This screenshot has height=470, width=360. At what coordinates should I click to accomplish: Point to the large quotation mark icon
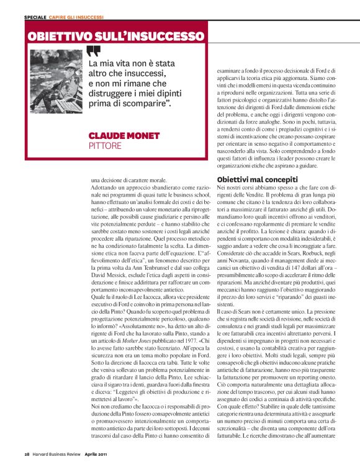coord(92,51)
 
